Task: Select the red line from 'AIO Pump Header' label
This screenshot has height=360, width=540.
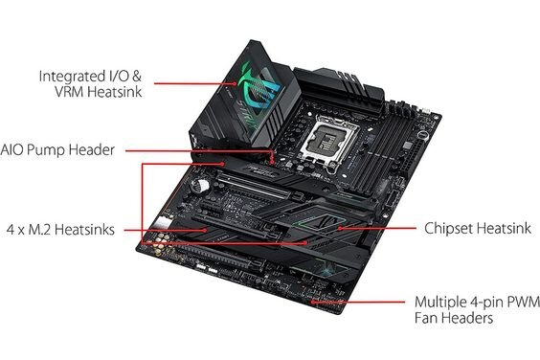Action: coord(201,150)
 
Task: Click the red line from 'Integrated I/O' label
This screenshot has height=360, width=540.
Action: coord(191,84)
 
